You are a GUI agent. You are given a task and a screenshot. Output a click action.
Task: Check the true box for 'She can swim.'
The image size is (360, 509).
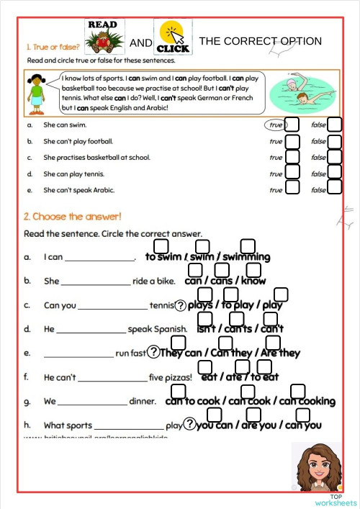(x=292, y=125)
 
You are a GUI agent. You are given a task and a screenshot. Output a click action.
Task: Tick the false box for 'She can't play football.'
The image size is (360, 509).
(x=335, y=140)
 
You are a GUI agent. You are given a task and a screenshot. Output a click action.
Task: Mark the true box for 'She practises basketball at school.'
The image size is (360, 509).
(x=292, y=156)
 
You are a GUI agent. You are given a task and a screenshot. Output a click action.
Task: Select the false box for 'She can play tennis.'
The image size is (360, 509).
(x=335, y=172)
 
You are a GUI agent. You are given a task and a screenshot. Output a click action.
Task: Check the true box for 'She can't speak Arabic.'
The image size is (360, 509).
(x=292, y=188)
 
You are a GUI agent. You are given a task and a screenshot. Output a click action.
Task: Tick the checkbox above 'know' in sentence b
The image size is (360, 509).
(x=248, y=269)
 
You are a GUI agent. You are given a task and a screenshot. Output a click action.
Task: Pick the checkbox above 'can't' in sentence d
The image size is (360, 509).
(x=264, y=318)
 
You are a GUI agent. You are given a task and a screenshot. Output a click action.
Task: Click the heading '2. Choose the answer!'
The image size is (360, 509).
(x=72, y=216)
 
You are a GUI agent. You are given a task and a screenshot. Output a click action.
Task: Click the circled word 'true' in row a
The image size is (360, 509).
(x=275, y=125)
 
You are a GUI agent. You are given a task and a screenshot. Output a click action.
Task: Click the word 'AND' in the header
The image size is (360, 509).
(x=141, y=43)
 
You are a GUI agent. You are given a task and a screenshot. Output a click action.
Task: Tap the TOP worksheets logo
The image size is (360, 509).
(x=336, y=500)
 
